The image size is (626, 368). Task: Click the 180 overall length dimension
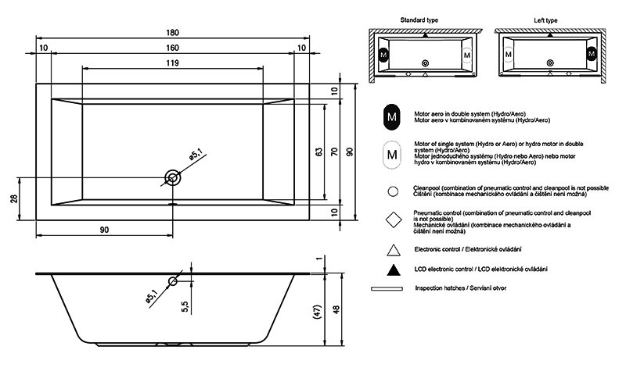(x=172, y=32)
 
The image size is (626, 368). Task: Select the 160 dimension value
(x=172, y=48)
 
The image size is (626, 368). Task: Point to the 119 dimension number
(x=172, y=64)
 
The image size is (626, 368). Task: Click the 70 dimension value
(x=334, y=152)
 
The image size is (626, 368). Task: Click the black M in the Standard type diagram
(x=383, y=55)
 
